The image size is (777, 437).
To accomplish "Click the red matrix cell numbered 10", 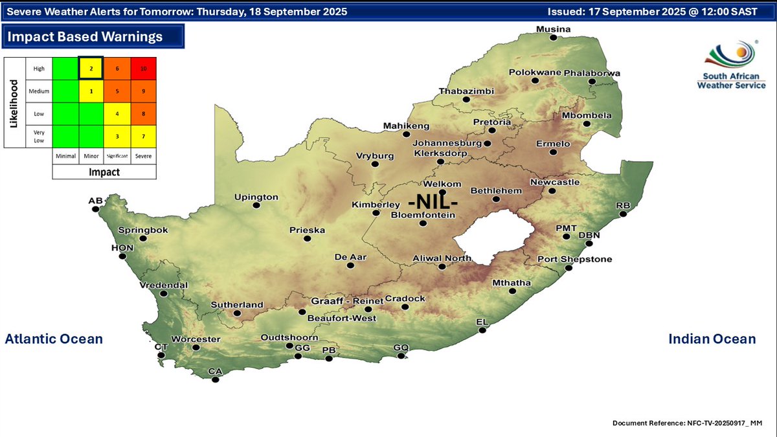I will pos(143,68).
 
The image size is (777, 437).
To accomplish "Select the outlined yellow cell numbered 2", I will pos(91,68).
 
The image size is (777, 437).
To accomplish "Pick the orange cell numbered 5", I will pos(117,91).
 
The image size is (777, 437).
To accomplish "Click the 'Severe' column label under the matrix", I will pos(143,156).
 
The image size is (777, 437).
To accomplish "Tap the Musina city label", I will pos(553,29).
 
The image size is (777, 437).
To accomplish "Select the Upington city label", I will pos(256,197).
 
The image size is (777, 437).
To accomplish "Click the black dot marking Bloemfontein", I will pos(423,223).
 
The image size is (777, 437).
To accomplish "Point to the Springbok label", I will pos(143,230).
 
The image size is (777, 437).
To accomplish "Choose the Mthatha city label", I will pos(512,283).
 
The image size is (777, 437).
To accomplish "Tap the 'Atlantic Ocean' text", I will pos(54,339).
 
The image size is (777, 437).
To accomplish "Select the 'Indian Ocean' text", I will pos(712,339).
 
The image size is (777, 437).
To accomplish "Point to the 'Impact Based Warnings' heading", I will pos(85,37).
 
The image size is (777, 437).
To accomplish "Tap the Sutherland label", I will pos(237,305).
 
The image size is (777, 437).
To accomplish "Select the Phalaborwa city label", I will pos(592,73).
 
